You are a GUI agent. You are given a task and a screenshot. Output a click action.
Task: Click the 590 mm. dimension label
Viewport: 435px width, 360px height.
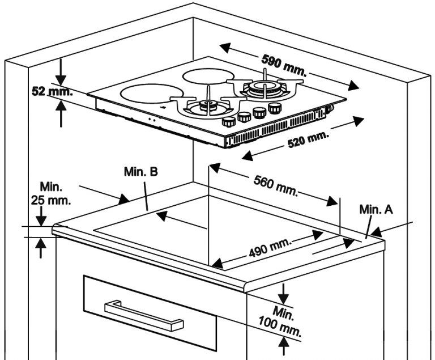click(284, 66)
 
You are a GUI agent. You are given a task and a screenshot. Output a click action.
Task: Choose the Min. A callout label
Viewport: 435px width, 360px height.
click(376, 210)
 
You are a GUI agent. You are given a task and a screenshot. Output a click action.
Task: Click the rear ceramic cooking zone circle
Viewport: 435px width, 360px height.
click(210, 77)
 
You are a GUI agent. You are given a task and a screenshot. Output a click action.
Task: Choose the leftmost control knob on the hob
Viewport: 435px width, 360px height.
click(229, 121)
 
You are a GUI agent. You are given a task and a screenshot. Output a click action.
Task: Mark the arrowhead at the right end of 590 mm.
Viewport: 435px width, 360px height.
click(355, 86)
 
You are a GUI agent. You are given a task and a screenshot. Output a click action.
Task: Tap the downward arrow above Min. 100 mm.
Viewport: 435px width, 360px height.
click(284, 295)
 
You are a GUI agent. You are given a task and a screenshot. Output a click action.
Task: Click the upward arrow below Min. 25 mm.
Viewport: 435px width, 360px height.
click(41, 247)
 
